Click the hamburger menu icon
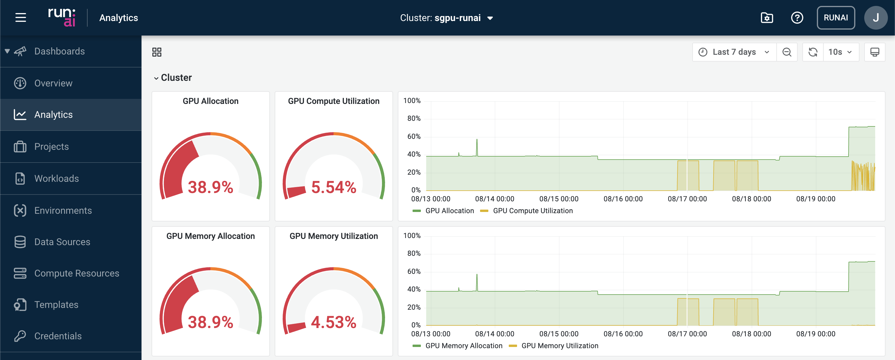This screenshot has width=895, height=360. pyautogui.click(x=20, y=17)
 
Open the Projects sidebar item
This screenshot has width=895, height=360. pyautogui.click(x=51, y=147)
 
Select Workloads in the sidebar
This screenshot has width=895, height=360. pyautogui.click(x=56, y=179)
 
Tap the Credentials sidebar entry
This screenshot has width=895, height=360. pyautogui.click(x=58, y=336)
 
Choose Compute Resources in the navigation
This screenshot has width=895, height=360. pyautogui.click(x=76, y=274)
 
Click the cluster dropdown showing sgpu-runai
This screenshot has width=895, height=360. pyautogui.click(x=446, y=18)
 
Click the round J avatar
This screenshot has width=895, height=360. pyautogui.click(x=875, y=18)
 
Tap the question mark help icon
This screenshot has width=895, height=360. pyautogui.click(x=797, y=18)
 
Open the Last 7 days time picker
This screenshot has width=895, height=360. pyautogui.click(x=734, y=52)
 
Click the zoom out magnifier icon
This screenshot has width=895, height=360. pyautogui.click(x=787, y=52)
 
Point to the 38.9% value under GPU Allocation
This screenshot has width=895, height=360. pyautogui.click(x=210, y=187)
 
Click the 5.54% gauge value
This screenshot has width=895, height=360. pyautogui.click(x=334, y=187)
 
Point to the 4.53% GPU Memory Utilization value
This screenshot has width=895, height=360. pyautogui.click(x=334, y=322)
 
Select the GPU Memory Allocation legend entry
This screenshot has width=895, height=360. pyautogui.click(x=463, y=346)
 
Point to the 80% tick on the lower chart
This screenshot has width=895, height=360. pyautogui.click(x=414, y=254)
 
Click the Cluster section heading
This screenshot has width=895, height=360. pyautogui.click(x=176, y=78)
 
